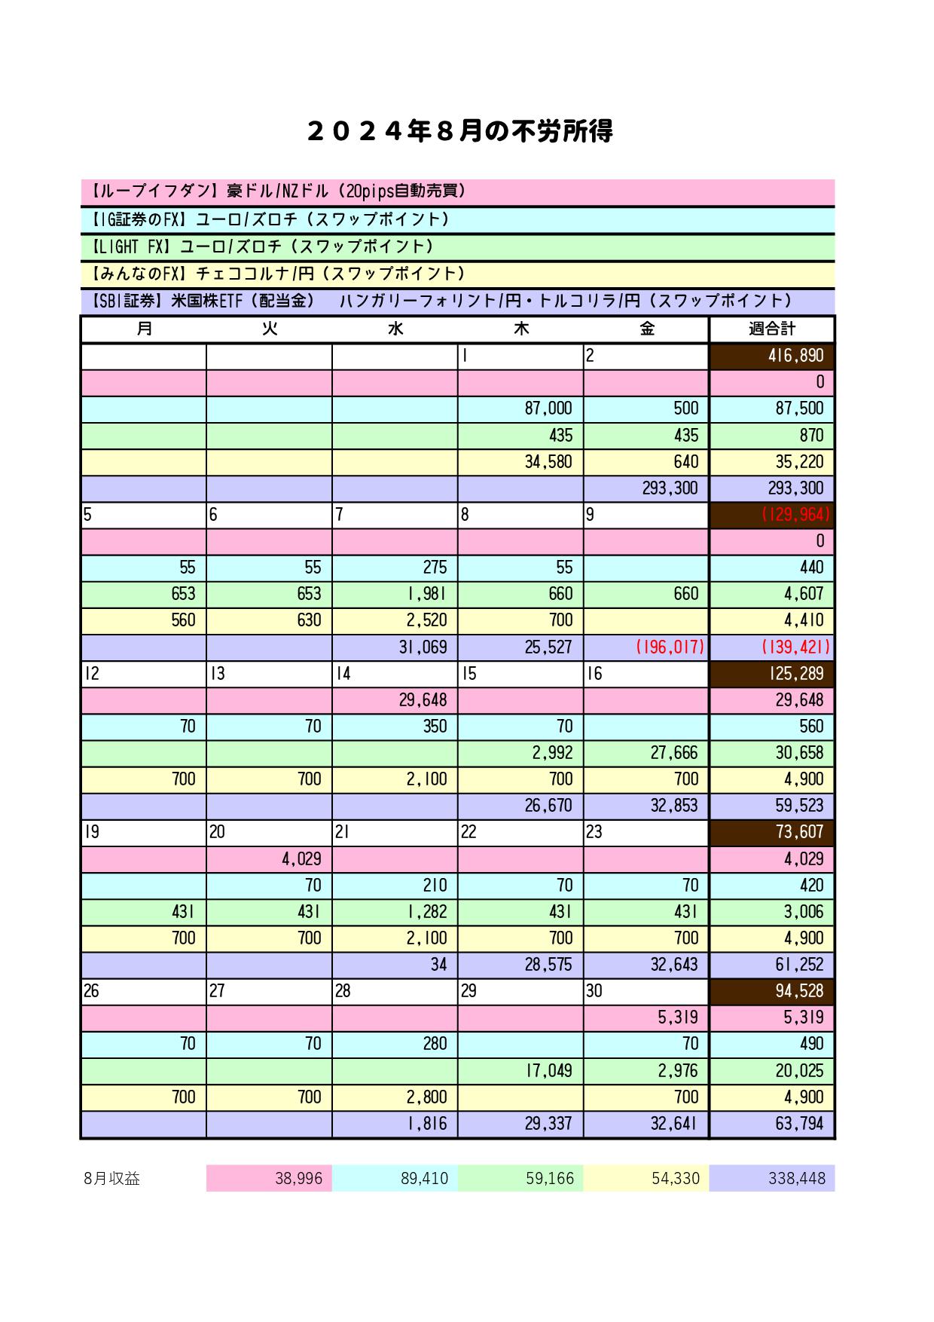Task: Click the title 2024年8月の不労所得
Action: (460, 132)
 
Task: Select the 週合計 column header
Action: (772, 329)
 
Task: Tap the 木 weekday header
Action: (520, 329)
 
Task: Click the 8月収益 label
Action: (112, 1179)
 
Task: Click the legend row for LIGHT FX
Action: (457, 246)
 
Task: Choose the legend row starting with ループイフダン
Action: (457, 192)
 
